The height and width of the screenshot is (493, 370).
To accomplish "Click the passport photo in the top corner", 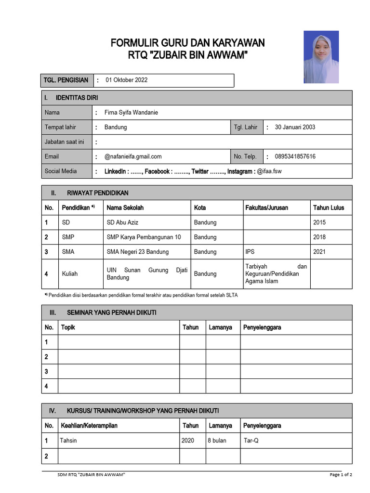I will pos(321,57).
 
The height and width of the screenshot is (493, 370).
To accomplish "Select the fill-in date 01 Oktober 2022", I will pos(126,80).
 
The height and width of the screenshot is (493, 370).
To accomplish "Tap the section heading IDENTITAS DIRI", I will pos(77,98).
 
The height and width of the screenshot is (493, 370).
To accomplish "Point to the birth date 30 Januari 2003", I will pos(295,127).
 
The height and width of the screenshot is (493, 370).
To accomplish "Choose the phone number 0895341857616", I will pos(295,156).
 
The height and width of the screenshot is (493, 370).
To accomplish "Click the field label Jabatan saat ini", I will pos(64,142).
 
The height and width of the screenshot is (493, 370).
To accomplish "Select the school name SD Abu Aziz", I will pos(122,222).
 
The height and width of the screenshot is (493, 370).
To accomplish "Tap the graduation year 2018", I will pos(319,237).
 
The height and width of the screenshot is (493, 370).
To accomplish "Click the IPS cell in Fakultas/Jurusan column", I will pos(250,252).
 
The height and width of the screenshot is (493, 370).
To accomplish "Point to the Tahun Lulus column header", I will pos(329,208).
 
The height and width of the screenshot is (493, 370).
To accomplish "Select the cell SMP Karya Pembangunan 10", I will pos(144,237).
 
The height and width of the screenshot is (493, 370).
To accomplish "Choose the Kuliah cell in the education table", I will pos(70,273).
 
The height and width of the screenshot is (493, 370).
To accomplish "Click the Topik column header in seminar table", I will pos(68,327).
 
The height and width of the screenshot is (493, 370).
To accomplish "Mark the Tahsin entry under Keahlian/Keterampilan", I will pos(68,441).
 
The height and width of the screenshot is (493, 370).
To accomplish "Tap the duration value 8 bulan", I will pos(217,441).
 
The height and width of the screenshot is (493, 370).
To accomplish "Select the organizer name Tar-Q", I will pos(251,441).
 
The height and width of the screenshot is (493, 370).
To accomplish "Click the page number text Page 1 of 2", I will pos(341,475).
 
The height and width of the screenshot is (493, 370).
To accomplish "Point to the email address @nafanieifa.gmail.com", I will pos(133,156).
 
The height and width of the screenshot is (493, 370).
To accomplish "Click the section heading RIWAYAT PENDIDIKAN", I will pos(97,193).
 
